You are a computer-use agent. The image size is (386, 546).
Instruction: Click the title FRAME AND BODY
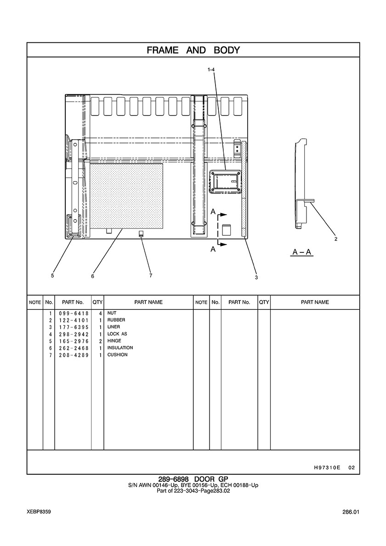click(193, 50)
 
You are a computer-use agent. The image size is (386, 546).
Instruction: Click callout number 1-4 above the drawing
click(211, 70)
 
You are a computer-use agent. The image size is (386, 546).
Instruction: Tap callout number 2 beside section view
click(335, 239)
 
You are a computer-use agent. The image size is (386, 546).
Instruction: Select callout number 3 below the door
click(256, 278)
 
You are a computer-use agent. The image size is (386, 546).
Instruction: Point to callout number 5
click(52, 275)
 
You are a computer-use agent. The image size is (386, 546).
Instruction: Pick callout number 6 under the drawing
click(92, 276)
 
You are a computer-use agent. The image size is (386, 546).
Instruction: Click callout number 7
click(151, 275)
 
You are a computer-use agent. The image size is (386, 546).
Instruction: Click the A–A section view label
click(302, 252)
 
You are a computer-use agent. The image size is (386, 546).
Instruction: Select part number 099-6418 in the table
click(74, 313)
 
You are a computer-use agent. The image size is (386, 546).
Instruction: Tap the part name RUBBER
click(116, 320)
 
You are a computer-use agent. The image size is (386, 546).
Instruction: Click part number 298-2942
click(74, 334)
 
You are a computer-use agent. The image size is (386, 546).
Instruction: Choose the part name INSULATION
click(120, 347)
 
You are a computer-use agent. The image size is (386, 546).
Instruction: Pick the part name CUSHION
click(117, 354)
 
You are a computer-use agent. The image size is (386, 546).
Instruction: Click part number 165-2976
click(74, 341)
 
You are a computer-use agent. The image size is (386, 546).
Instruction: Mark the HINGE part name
click(114, 341)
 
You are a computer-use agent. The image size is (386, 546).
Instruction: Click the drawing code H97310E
click(327, 467)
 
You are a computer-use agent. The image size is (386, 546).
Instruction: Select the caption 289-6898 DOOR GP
click(193, 479)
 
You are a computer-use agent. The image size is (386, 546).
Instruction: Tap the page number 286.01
click(351, 512)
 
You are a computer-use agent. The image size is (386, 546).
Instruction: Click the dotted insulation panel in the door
click(127, 196)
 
